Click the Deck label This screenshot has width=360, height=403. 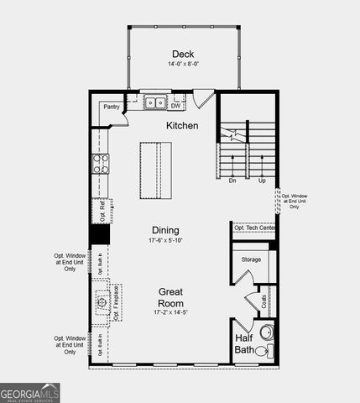tap(184, 53)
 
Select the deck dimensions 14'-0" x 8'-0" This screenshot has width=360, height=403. tap(184, 64)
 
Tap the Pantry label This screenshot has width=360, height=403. tap(112, 107)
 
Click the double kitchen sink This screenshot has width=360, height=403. tap(154, 103)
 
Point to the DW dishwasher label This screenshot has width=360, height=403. tap(175, 106)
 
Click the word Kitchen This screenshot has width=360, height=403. tap(182, 126)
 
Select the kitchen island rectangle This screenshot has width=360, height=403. tap(155, 170)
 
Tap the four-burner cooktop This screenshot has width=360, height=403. tap(101, 163)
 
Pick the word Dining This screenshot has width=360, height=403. tap(165, 230)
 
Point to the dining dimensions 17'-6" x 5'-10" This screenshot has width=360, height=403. tap(165, 241)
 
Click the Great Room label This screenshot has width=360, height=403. tap(171, 298)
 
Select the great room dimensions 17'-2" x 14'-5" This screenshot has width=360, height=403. tap(171, 312)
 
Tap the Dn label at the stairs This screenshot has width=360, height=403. tap(232, 180)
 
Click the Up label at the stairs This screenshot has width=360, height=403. tap(262, 180)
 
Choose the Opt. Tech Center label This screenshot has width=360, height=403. tap(254, 228)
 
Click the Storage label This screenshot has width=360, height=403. tap(252, 259)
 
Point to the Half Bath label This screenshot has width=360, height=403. tap(244, 343)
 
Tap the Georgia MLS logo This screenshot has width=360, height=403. tap(30, 392)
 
